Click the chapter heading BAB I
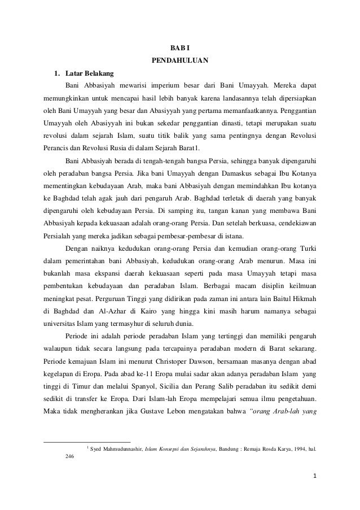180,47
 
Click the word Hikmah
302,297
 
